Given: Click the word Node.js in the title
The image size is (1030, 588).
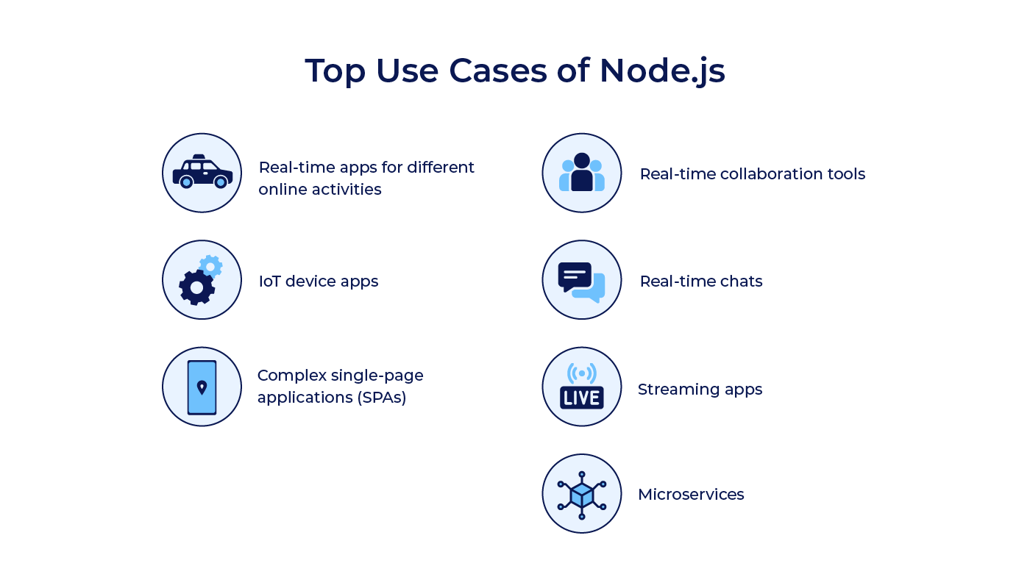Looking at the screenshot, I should pyautogui.click(x=662, y=71).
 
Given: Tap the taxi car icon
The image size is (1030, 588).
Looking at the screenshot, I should pyautogui.click(x=202, y=173).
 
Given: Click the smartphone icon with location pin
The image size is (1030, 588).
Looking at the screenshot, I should pyautogui.click(x=202, y=387).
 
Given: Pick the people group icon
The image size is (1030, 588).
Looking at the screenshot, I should pyautogui.click(x=581, y=173).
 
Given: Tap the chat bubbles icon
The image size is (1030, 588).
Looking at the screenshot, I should pyautogui.click(x=581, y=281).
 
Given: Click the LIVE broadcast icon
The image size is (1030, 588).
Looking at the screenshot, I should pyautogui.click(x=581, y=387).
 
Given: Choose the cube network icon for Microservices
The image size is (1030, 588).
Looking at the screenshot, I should pyautogui.click(x=581, y=494).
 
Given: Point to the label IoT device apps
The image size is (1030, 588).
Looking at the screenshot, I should pyautogui.click(x=319, y=282).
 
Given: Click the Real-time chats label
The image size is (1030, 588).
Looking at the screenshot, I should pyautogui.click(x=700, y=282).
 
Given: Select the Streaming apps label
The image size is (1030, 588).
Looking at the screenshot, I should pyautogui.click(x=700, y=390).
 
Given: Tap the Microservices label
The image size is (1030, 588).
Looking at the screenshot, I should pyautogui.click(x=691, y=495).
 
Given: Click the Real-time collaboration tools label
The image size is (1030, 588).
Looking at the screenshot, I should pyautogui.click(x=752, y=174).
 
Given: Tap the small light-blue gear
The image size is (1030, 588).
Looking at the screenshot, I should pyautogui.click(x=210, y=266).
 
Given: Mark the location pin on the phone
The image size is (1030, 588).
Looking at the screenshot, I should pyautogui.click(x=202, y=386).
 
